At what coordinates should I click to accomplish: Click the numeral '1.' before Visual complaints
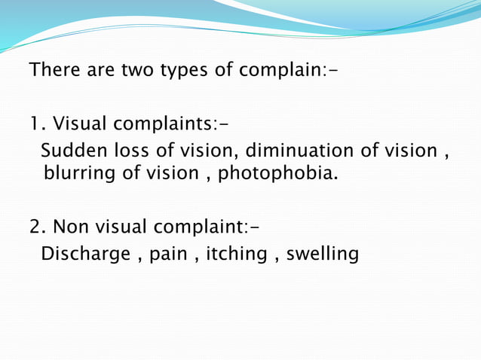37,123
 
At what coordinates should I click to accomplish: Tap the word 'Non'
70,226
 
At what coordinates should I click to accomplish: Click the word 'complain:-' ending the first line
288,73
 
